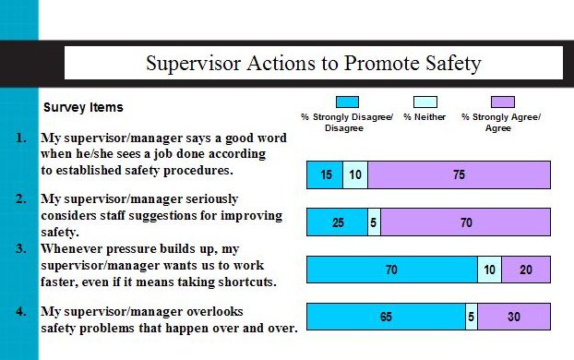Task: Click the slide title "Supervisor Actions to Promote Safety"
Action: (314, 64)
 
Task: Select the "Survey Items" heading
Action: (83, 107)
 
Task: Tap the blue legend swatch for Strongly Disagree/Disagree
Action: (347, 102)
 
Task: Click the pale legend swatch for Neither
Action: (425, 102)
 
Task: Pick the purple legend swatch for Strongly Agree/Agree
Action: (503, 102)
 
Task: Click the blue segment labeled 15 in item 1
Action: (325, 174)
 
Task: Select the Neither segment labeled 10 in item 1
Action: (355, 174)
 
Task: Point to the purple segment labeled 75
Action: (459, 174)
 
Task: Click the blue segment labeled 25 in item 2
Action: (337, 222)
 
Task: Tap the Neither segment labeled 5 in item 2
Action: (374, 222)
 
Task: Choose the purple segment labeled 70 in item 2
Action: (465, 222)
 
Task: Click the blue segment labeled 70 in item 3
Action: (391, 270)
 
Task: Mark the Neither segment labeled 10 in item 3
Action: (489, 270)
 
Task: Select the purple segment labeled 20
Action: (526, 270)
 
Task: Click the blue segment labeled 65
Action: (386, 317)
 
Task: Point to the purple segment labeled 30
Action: (514, 317)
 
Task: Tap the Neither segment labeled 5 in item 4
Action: (472, 317)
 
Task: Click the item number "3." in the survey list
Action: (21, 248)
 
